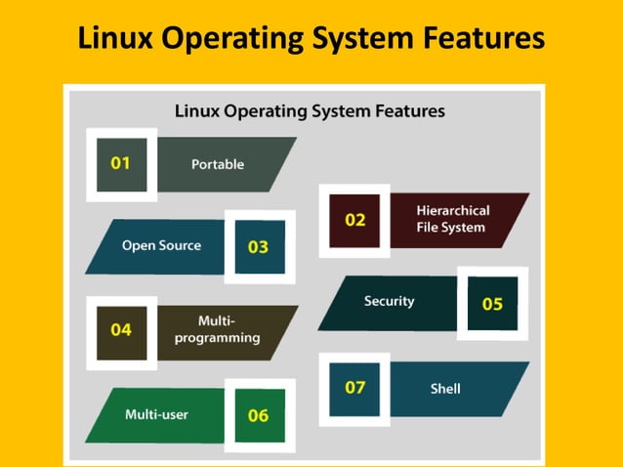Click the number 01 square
click(x=121, y=164)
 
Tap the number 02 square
click(x=354, y=220)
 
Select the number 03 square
click(x=259, y=246)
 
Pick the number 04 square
click(x=121, y=330)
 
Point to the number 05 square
click(x=492, y=303)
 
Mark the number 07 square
click(x=354, y=388)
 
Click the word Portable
click(x=218, y=164)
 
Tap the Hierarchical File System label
click(x=452, y=219)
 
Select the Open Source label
click(x=161, y=245)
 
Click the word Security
click(x=389, y=301)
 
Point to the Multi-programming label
click(x=217, y=329)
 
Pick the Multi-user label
click(x=156, y=414)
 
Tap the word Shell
click(x=445, y=389)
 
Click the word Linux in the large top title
click(x=121, y=38)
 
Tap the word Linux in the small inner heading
click(x=198, y=111)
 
